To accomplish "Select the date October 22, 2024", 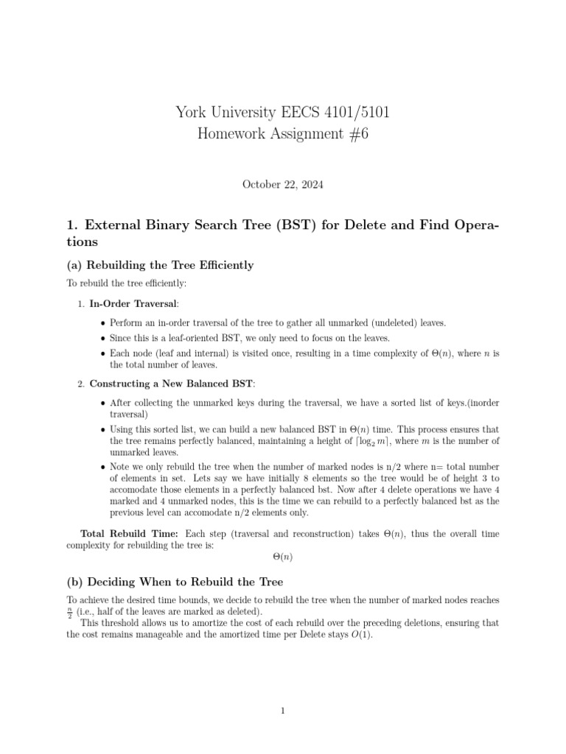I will point(283,185).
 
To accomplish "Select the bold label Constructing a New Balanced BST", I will point(170,384).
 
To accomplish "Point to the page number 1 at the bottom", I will point(283,711).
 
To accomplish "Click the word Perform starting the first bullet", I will point(126,323).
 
